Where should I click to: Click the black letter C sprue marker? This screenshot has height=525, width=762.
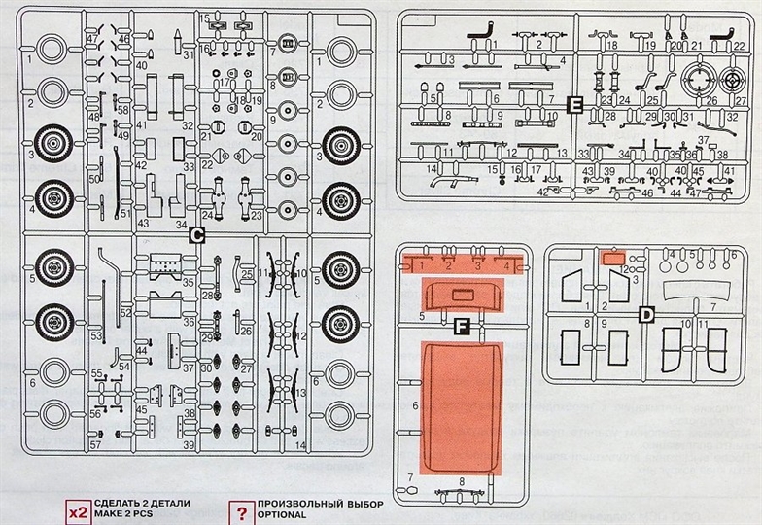(x=195, y=233)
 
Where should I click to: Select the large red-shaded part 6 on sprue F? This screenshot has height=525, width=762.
(x=460, y=408)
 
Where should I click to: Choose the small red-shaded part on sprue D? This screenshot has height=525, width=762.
(x=611, y=260)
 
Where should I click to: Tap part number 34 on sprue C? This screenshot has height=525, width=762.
(x=181, y=225)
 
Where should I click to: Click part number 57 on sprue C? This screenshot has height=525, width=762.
(x=96, y=444)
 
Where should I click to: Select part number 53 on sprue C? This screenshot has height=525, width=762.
(x=96, y=335)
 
